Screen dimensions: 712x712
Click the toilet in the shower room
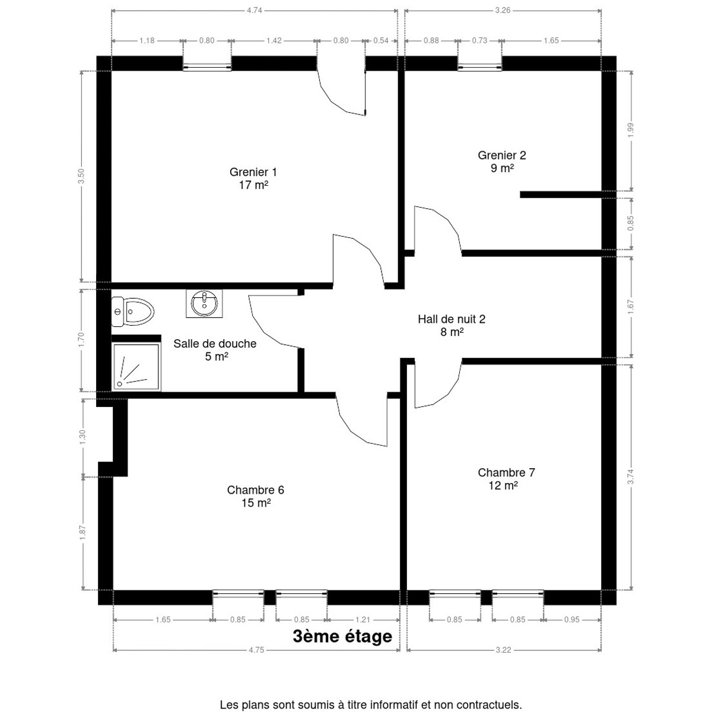(132, 311)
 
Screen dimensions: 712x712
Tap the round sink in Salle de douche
(204, 303)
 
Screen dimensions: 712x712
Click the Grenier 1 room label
(253, 178)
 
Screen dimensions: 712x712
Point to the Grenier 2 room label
(502, 161)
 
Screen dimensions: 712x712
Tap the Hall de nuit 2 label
(452, 325)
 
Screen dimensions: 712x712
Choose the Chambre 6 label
(256, 496)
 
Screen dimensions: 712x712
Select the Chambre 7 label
(506, 478)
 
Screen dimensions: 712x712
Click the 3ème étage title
(342, 636)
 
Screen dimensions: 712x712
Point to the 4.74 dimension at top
(255, 10)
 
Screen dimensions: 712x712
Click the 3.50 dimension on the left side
(81, 176)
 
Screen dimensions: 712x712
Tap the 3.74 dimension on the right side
(631, 476)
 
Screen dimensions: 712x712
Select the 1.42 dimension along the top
(274, 41)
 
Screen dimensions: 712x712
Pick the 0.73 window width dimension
(479, 41)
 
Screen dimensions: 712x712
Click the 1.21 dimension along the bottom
(363, 619)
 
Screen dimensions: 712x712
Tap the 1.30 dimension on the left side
(82, 437)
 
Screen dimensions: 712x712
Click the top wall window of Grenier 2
(479, 67)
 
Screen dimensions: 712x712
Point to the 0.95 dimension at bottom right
(571, 619)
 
